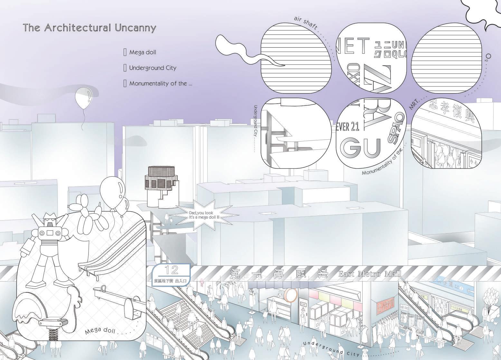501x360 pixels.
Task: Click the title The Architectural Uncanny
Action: (90, 28)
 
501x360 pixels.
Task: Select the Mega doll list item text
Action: (143, 52)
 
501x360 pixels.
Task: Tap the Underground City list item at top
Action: (153, 68)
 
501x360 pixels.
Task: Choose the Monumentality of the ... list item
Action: (161, 84)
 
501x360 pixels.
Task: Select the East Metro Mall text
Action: (370, 274)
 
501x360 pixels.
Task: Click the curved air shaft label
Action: (306, 23)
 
